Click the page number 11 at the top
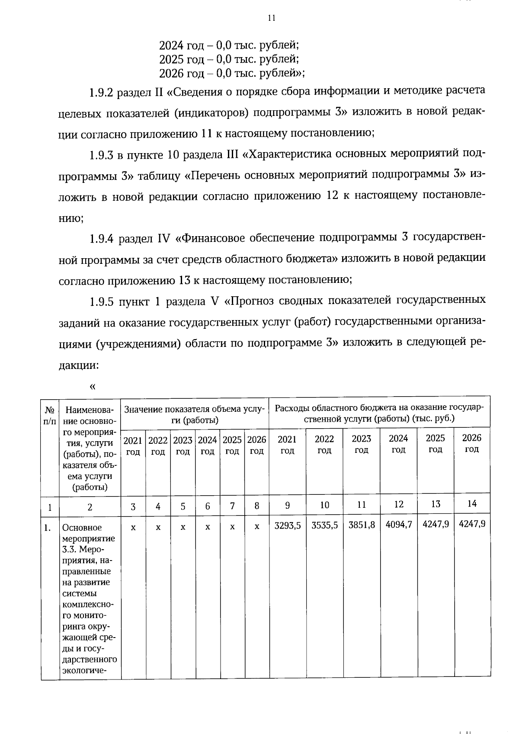(x=271, y=18)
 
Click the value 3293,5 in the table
(x=288, y=524)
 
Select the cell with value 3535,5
(x=324, y=524)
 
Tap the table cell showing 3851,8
(x=362, y=524)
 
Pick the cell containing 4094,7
(x=399, y=524)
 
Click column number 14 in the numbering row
(x=472, y=503)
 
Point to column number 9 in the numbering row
(x=287, y=505)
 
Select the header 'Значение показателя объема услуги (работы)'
(x=195, y=414)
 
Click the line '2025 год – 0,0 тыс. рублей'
(x=229, y=59)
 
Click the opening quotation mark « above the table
(x=92, y=386)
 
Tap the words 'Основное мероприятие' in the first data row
(x=88, y=533)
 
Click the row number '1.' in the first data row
(x=48, y=528)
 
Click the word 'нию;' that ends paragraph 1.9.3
(x=71, y=218)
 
